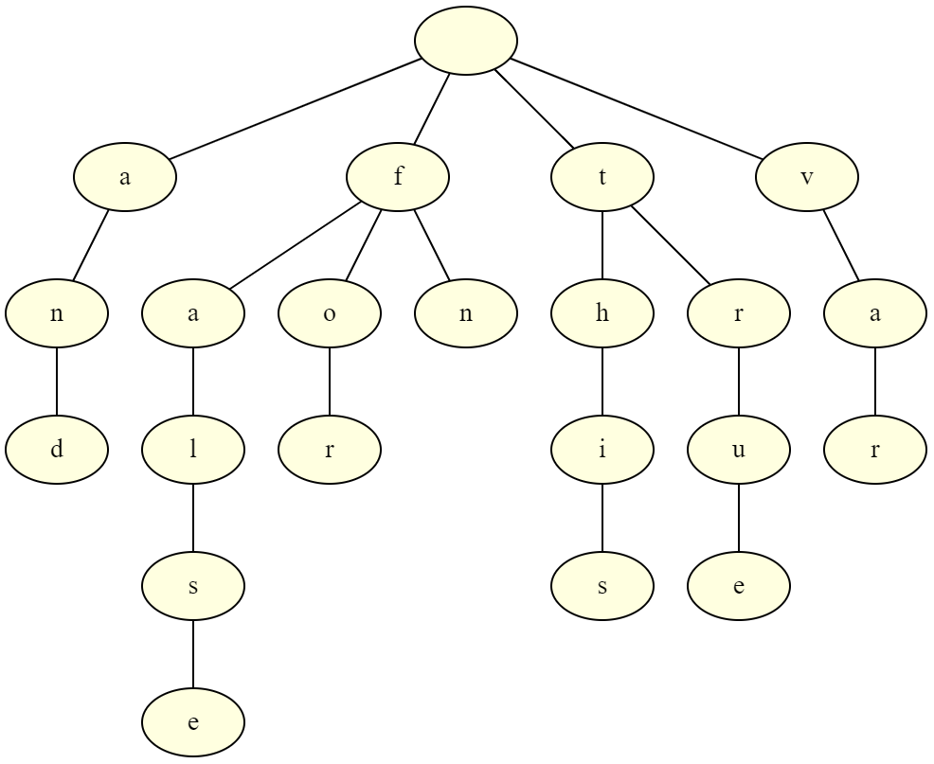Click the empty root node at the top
click(x=466, y=41)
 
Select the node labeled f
click(x=398, y=177)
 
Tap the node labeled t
click(x=602, y=177)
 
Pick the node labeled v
click(x=807, y=177)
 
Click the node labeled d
click(x=57, y=450)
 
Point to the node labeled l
click(x=193, y=450)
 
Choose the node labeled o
click(x=330, y=313)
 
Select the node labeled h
click(x=602, y=313)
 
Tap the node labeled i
click(x=602, y=450)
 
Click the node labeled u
click(x=739, y=450)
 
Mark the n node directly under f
click(x=466, y=313)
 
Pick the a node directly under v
click(x=875, y=313)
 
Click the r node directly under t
click(x=739, y=313)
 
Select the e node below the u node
click(x=739, y=586)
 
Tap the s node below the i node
click(x=602, y=586)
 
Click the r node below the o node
click(x=330, y=450)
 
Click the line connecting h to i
click(x=602, y=382)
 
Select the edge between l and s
click(x=193, y=518)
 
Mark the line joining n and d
click(x=57, y=382)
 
